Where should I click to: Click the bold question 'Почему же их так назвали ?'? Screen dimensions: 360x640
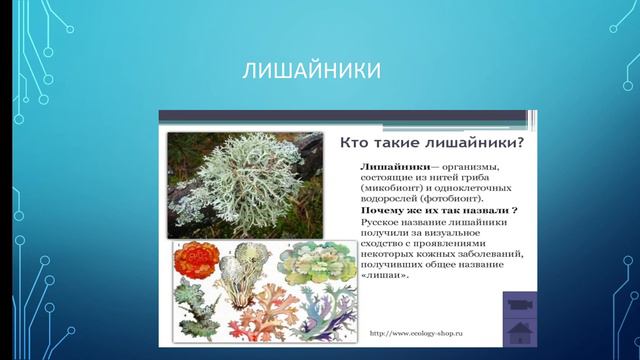[433, 212]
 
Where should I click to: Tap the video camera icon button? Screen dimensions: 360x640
[520, 303]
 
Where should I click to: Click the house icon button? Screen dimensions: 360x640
[520, 331]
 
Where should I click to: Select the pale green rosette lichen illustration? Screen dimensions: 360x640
[312, 262]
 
